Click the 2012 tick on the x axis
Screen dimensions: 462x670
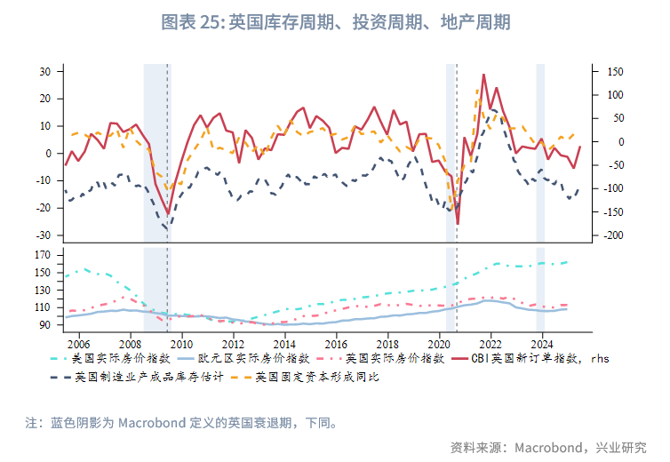233,344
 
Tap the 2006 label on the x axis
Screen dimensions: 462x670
78,344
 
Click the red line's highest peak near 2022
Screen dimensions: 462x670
483,75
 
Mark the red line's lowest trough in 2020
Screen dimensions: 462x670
458,224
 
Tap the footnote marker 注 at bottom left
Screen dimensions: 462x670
31,423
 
